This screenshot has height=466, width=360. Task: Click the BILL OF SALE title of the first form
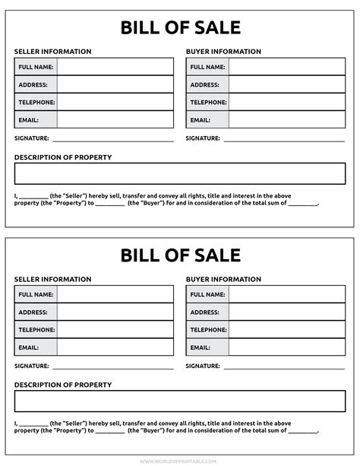[180, 28]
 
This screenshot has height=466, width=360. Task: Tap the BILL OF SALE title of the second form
[180, 255]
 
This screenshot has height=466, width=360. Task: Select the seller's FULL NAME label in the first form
[36, 67]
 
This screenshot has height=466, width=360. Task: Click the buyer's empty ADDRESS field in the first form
[286, 84]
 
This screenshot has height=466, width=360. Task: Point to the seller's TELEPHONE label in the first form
[36, 102]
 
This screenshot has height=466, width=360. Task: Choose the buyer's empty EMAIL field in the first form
[286, 119]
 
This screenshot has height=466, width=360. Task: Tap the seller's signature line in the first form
[112, 140]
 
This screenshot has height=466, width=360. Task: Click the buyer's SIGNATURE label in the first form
[203, 138]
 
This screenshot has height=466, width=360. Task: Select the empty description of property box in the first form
[180, 173]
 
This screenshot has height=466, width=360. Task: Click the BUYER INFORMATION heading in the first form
[223, 52]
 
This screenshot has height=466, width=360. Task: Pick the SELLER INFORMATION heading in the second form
[52, 279]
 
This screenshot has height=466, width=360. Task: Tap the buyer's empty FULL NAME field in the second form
[286, 294]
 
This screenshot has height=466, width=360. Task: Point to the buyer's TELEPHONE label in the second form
[207, 329]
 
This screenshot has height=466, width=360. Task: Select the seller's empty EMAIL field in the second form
[115, 347]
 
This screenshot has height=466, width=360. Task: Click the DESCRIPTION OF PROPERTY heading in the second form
[63, 385]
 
